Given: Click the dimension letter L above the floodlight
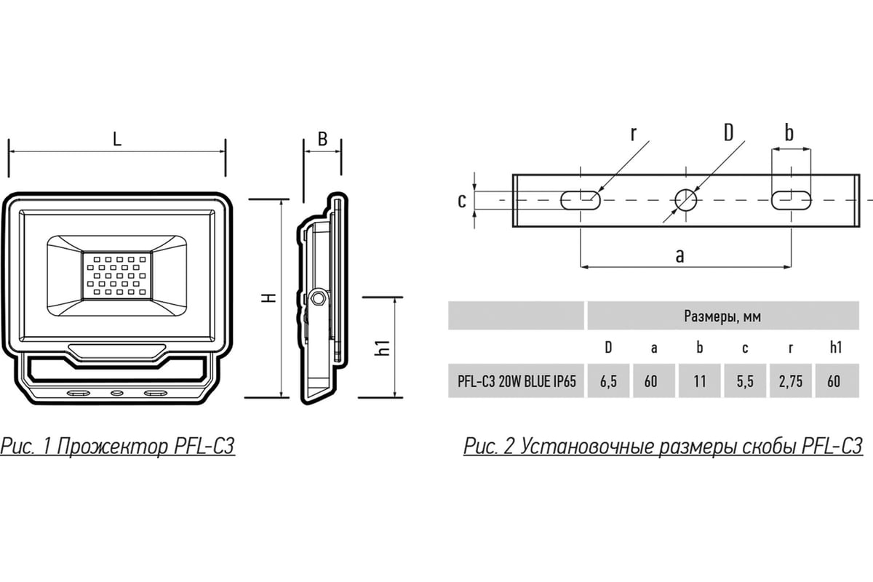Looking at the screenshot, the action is tap(117, 139).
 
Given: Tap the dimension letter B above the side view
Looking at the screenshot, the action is tap(322, 139).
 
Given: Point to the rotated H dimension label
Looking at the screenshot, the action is tap(268, 298).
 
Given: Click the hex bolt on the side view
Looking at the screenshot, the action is tap(319, 298).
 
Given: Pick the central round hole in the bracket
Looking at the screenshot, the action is tap(686, 200).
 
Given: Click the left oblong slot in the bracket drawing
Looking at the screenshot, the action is tap(581, 200).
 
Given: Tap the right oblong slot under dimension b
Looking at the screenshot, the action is tap(792, 200).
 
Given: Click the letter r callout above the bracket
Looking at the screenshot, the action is tap(634, 134).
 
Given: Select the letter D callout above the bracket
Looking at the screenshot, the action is tap(728, 132).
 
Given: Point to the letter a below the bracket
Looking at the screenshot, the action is tap(679, 257).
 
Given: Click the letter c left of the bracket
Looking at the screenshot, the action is tap(462, 201).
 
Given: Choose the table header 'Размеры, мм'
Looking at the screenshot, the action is tap(722, 316).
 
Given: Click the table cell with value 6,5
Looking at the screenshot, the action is tap(608, 381).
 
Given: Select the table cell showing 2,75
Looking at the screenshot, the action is tap(791, 381).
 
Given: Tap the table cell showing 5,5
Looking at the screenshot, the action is tap(745, 381).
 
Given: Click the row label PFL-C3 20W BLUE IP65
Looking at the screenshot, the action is tap(517, 381).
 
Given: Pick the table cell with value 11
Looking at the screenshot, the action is tap(700, 381).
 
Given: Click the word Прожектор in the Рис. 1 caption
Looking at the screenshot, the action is tap(113, 446).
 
